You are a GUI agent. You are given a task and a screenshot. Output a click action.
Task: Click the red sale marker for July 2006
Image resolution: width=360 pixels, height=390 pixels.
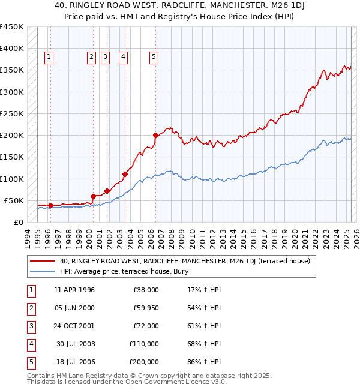coord(155,135)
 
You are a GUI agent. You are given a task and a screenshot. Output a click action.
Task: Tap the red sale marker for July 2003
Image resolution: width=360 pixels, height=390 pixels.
coord(125,175)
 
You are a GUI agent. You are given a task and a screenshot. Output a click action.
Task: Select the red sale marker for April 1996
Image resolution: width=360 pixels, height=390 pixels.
coord(50,205)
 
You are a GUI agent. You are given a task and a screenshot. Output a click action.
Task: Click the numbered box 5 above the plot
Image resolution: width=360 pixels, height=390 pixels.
coord(154,57)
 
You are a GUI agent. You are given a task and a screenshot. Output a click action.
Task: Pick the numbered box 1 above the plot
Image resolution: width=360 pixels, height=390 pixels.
coord(49,57)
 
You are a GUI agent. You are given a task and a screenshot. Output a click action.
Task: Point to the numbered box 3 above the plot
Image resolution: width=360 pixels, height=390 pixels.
coord(105,57)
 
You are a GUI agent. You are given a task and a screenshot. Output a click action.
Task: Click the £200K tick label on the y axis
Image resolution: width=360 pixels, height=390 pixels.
coord(12,136)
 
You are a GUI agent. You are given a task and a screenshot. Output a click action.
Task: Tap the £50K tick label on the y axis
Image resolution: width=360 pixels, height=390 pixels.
coord(14,200)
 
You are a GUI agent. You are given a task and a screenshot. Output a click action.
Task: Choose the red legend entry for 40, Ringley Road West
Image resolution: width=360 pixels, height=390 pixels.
coord(185,261)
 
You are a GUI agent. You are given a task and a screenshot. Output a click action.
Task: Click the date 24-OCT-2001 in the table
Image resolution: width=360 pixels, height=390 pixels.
coord(74,326)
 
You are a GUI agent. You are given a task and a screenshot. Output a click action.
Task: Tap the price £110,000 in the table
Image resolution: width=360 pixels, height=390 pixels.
coord(144,344)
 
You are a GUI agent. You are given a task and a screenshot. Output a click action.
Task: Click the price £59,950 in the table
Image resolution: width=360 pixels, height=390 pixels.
coord(146,308)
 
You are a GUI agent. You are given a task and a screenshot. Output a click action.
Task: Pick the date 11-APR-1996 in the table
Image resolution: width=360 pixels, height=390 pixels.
coord(74,290)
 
